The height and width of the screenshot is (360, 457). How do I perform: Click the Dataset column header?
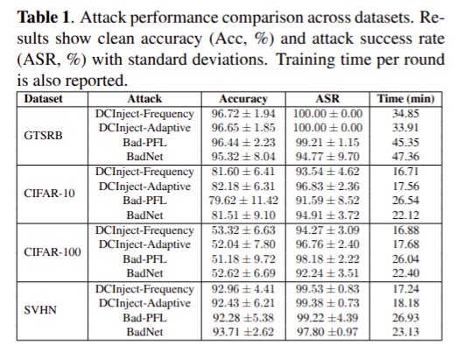[43, 100]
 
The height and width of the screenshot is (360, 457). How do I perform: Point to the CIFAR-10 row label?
[43, 192]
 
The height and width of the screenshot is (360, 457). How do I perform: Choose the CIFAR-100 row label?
[43, 251]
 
